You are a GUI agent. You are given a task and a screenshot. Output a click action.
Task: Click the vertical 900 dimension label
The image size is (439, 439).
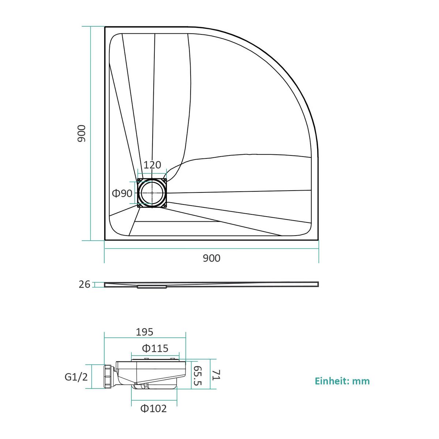click(x=81, y=134)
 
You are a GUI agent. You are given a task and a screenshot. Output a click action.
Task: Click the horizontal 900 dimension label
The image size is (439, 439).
click(x=212, y=258)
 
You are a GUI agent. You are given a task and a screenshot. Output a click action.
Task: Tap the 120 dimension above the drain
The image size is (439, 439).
click(x=153, y=165)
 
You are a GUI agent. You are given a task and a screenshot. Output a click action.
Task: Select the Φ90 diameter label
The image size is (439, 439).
click(x=122, y=194)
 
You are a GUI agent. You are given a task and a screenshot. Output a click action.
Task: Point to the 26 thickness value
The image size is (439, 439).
click(x=85, y=284)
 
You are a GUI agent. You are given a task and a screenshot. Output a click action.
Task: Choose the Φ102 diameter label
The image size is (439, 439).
click(x=154, y=409)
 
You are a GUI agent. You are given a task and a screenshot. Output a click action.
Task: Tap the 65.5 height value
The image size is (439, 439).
click(x=198, y=379)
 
